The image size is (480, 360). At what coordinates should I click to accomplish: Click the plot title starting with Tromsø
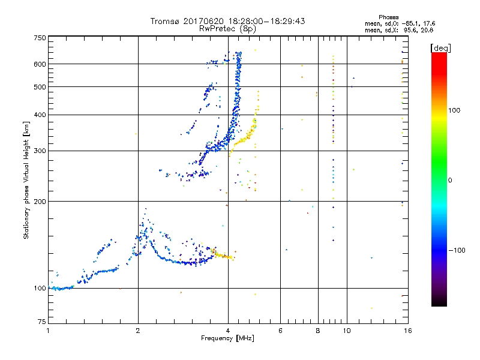(x=227, y=21)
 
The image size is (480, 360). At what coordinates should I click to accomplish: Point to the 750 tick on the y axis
(x=39, y=38)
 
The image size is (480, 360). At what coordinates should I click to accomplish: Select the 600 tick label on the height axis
(x=39, y=64)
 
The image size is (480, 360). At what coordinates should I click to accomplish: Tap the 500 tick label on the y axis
(x=39, y=87)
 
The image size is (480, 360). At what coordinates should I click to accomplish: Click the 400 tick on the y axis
(x=39, y=115)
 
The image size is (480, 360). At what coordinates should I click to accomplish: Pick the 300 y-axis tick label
(x=39, y=151)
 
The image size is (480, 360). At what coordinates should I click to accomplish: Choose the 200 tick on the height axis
(x=39, y=202)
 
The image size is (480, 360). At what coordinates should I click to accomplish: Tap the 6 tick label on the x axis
(x=280, y=331)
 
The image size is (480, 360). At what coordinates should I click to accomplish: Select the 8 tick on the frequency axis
(x=318, y=331)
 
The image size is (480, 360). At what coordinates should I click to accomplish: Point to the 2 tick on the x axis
(x=138, y=331)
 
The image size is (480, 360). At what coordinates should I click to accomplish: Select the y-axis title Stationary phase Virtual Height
(x=26, y=180)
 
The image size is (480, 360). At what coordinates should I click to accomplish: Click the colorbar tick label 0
(x=451, y=180)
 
